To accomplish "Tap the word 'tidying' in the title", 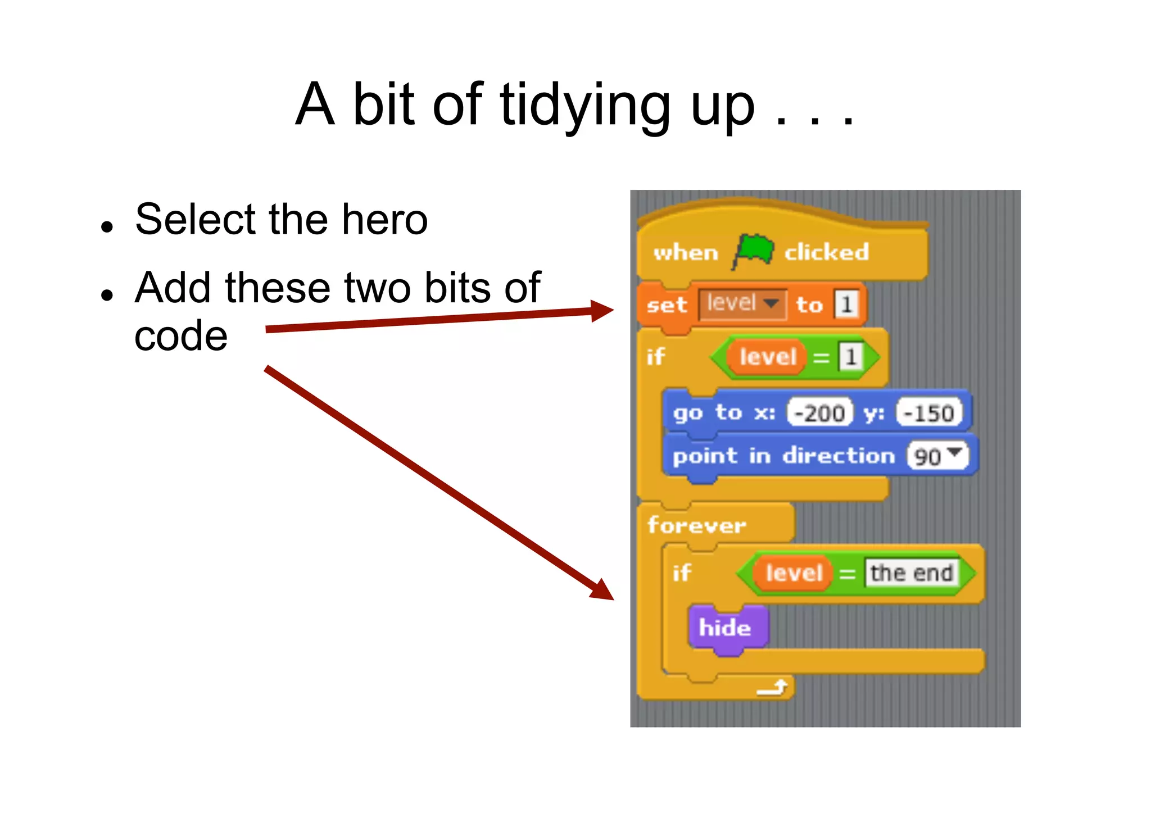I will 584,105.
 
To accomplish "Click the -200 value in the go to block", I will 819,413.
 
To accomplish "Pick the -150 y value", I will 928,413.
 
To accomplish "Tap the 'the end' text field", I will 911,573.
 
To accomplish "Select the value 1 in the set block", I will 846,304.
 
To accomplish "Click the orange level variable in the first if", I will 767,356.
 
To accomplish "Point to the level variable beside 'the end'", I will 794,573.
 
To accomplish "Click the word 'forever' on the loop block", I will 696,525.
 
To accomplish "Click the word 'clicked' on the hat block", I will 826,252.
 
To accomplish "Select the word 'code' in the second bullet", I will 181,336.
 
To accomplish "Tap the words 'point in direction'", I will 783,456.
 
